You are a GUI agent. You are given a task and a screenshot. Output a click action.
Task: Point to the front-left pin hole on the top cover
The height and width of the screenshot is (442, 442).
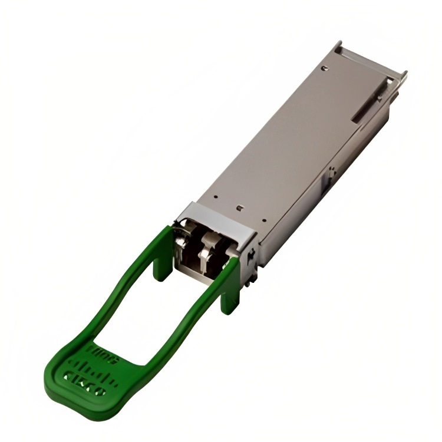(x=216, y=199)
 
